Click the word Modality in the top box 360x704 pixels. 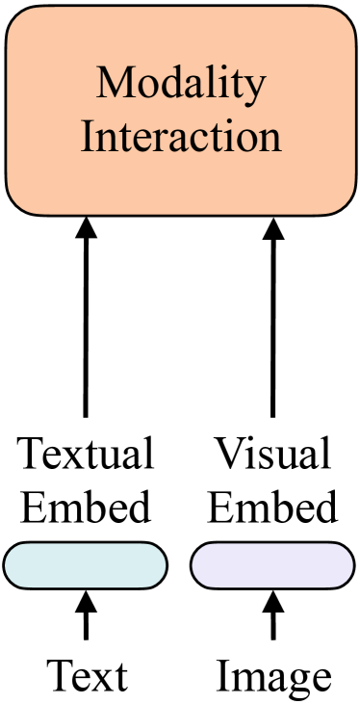[x=180, y=86]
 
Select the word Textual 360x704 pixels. [x=86, y=454]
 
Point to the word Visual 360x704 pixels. [x=272, y=454]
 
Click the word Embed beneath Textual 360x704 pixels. [x=86, y=506]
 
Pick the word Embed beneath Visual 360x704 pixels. [x=272, y=506]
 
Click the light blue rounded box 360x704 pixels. [x=85, y=565]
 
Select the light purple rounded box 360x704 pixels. [x=272, y=565]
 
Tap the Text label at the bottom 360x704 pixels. [x=86, y=676]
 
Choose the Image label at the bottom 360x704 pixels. [x=273, y=676]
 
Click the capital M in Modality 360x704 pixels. [x=112, y=86]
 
